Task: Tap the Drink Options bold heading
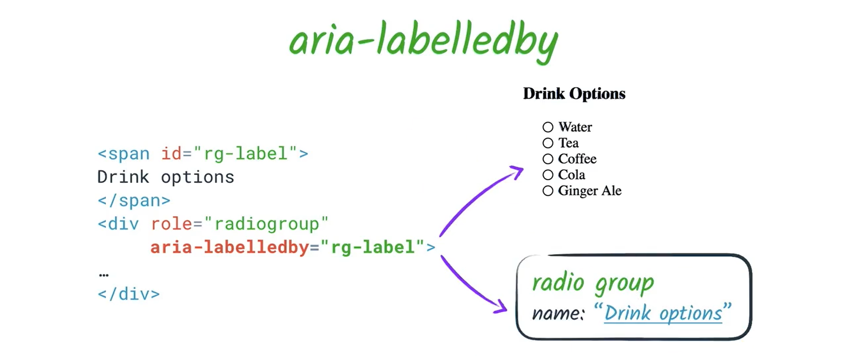click(574, 94)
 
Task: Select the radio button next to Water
click(548, 127)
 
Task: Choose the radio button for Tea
click(548, 143)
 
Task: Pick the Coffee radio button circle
click(548, 159)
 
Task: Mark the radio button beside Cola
click(548, 175)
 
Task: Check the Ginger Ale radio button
click(548, 191)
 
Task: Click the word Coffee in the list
click(577, 159)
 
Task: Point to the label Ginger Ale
click(589, 191)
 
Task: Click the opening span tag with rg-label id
click(203, 154)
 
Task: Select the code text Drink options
click(166, 177)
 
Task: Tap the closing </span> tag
click(134, 201)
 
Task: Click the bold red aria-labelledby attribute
click(229, 247)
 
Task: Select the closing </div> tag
click(129, 294)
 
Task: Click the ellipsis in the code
click(104, 275)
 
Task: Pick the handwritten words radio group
click(593, 283)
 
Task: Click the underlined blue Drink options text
click(662, 314)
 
